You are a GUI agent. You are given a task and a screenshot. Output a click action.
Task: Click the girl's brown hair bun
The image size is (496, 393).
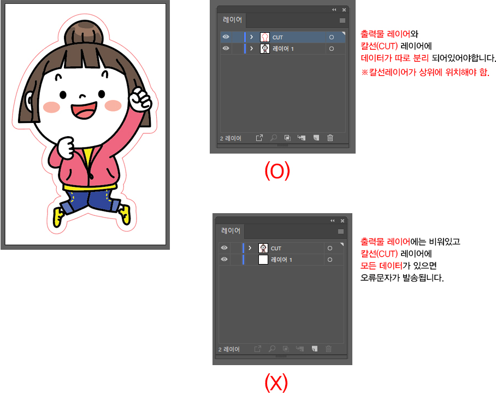point(84,33)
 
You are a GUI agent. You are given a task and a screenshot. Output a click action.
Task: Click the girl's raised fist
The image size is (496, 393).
point(140,99)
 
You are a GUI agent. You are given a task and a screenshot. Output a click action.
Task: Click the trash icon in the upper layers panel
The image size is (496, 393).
point(330,138)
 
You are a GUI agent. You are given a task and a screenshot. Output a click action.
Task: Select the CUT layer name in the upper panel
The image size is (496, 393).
point(277,37)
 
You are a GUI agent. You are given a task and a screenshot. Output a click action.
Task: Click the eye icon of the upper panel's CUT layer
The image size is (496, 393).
point(226,37)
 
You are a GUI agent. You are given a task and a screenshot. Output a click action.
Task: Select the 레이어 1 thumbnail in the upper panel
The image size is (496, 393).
point(265,49)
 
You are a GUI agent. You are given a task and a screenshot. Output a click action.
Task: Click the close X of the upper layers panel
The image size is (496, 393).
point(344,10)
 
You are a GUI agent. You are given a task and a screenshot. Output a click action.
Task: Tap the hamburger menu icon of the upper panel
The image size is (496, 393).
point(343,21)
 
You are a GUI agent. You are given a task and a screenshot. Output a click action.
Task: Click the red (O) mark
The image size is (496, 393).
point(277,171)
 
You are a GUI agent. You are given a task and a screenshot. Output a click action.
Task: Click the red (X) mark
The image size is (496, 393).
point(276,382)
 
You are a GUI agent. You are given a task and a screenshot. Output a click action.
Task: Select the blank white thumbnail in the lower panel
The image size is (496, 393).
point(263,260)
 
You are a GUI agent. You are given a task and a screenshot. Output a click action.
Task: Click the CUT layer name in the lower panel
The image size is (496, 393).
point(276,248)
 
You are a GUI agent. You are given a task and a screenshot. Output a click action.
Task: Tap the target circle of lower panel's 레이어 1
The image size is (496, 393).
point(330,260)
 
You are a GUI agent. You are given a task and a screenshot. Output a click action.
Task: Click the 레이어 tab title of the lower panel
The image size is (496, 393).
point(231,231)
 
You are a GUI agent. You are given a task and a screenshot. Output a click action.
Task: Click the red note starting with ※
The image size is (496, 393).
point(426,72)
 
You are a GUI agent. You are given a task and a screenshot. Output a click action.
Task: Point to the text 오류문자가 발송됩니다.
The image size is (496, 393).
point(402,278)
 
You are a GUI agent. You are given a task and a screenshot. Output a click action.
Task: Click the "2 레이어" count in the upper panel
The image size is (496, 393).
point(231,138)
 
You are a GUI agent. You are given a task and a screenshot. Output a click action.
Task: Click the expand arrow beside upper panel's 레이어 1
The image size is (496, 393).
point(251,49)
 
